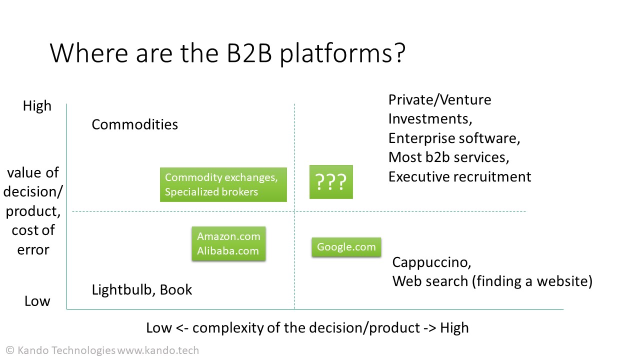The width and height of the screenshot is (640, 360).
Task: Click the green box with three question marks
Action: (331, 181)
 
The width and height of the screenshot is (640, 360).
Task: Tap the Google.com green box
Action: (346, 247)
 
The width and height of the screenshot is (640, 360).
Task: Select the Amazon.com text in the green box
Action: (228, 236)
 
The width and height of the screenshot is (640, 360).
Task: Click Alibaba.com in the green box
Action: (227, 251)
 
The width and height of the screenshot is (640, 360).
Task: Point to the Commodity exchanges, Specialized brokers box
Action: (223, 184)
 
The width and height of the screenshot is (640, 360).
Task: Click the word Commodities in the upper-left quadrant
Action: (134, 124)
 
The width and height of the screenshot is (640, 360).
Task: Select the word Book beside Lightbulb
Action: (175, 289)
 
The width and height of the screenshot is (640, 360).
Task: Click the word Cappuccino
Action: (431, 262)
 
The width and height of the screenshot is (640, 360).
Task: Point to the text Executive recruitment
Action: (459, 176)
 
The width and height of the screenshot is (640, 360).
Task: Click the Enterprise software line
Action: (454, 138)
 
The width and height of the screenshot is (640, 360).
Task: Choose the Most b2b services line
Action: (448, 157)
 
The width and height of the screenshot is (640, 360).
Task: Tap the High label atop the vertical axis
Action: (37, 106)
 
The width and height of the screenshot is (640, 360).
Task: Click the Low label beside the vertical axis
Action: (37, 301)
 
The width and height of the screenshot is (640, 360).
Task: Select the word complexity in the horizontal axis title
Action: (228, 328)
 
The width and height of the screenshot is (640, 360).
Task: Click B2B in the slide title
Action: (249, 53)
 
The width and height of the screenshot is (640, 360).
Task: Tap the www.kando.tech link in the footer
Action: (158, 350)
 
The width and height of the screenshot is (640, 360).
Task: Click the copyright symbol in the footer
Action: (10, 350)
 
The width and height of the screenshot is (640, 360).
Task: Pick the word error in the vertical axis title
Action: (33, 250)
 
